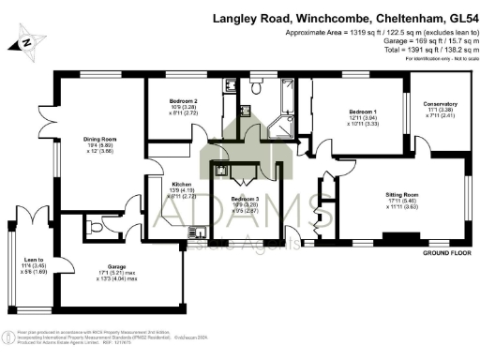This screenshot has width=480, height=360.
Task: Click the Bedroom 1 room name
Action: [363, 112]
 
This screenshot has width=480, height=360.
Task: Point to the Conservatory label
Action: [439, 103]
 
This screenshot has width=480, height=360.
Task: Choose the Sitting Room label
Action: [402, 193]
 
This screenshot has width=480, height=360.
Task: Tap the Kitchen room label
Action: [182, 184]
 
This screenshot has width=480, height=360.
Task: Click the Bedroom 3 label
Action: [245, 200]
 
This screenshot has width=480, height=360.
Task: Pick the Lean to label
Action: [34, 261]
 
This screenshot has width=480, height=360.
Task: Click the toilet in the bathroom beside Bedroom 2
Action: [255, 89]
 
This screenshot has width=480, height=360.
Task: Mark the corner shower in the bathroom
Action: [278, 127]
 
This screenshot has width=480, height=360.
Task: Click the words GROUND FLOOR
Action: [445, 254]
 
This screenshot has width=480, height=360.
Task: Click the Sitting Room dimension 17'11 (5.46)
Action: [402, 200]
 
